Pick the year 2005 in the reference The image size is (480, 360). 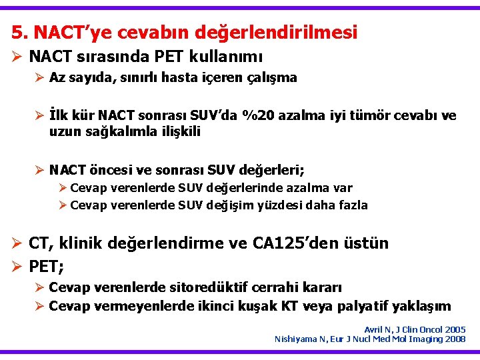pos(454,329)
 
